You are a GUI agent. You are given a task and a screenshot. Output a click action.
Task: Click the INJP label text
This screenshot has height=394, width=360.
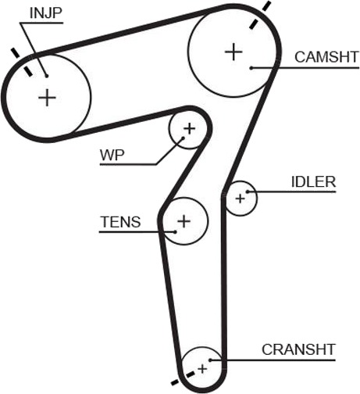pyautogui.click(x=46, y=13)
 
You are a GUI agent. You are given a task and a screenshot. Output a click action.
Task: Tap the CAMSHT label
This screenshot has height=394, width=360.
pyautogui.click(x=326, y=57)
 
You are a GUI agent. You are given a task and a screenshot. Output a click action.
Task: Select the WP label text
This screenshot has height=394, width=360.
pyautogui.click(x=112, y=156)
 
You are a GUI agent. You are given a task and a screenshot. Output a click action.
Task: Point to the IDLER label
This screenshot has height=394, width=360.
pyautogui.click(x=313, y=182)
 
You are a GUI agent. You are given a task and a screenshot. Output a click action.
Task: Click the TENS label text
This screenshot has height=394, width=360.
pyautogui.click(x=120, y=222)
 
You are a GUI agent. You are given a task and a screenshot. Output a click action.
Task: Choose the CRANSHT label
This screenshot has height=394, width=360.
pyautogui.click(x=298, y=349)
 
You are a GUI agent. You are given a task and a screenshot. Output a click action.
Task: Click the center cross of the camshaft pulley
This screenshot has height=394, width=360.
pyautogui.click(x=233, y=52)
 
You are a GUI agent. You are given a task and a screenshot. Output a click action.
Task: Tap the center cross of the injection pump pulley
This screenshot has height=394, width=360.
pyautogui.click(x=47, y=98)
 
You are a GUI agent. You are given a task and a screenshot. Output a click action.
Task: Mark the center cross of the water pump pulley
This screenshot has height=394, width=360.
pyautogui.click(x=190, y=129)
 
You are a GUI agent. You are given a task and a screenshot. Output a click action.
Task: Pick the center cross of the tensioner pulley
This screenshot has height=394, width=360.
pyautogui.click(x=184, y=221)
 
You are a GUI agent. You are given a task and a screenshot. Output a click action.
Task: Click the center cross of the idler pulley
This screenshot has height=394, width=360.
pyautogui.click(x=240, y=199)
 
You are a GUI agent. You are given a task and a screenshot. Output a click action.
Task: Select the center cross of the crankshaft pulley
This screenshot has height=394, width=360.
pyautogui.click(x=202, y=369)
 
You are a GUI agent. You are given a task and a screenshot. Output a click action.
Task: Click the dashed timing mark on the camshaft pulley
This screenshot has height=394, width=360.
pyautogui.click(x=260, y=15)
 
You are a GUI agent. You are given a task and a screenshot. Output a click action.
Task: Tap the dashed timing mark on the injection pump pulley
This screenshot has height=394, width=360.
pyautogui.click(x=22, y=62)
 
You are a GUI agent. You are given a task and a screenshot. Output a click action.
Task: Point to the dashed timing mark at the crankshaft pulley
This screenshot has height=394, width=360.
pyautogui.click(x=183, y=378)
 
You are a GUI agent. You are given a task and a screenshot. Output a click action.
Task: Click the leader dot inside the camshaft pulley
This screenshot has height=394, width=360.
pyautogui.click(x=251, y=68)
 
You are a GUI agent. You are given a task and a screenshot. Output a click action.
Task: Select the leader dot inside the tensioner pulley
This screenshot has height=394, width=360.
pyautogui.click(x=176, y=231)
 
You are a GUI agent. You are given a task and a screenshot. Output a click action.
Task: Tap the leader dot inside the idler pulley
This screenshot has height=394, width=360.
pyautogui.click(x=248, y=192)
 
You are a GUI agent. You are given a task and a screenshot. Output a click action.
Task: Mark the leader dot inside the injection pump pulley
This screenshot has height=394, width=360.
pyautogui.click(x=47, y=76)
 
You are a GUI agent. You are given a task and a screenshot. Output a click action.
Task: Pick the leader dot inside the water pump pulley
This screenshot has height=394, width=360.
pyautogui.click(x=184, y=138)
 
